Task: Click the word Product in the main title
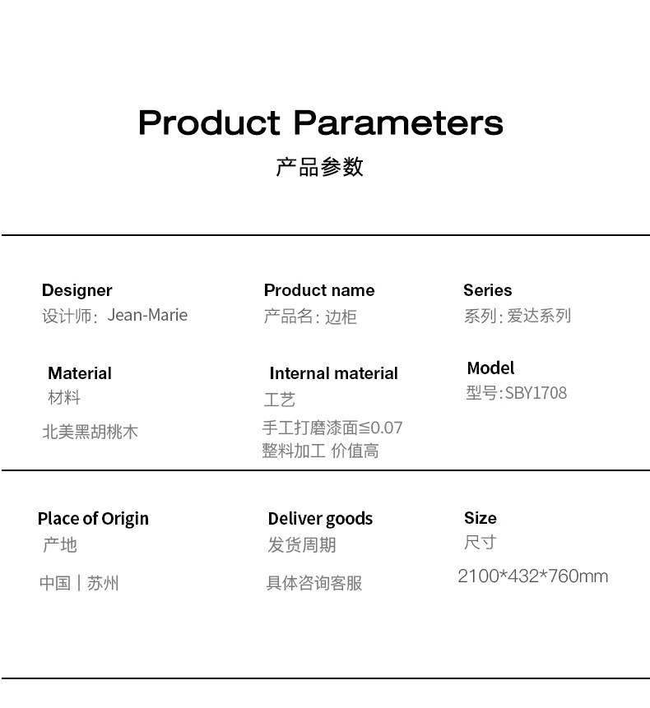210,123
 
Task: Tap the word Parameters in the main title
398,123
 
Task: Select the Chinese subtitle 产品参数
320,167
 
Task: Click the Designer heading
77,291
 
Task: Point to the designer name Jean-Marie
147,315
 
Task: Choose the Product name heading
319,290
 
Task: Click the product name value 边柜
341,317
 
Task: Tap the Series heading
488,290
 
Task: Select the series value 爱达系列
539,316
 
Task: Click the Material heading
80,373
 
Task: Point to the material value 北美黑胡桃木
90,432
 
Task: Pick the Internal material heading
334,373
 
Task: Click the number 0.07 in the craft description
386,428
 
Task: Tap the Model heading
490,368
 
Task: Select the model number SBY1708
536,393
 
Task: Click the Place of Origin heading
93,519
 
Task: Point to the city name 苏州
103,583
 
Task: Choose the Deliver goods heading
320,519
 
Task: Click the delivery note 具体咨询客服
314,583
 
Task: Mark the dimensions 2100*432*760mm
533,576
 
